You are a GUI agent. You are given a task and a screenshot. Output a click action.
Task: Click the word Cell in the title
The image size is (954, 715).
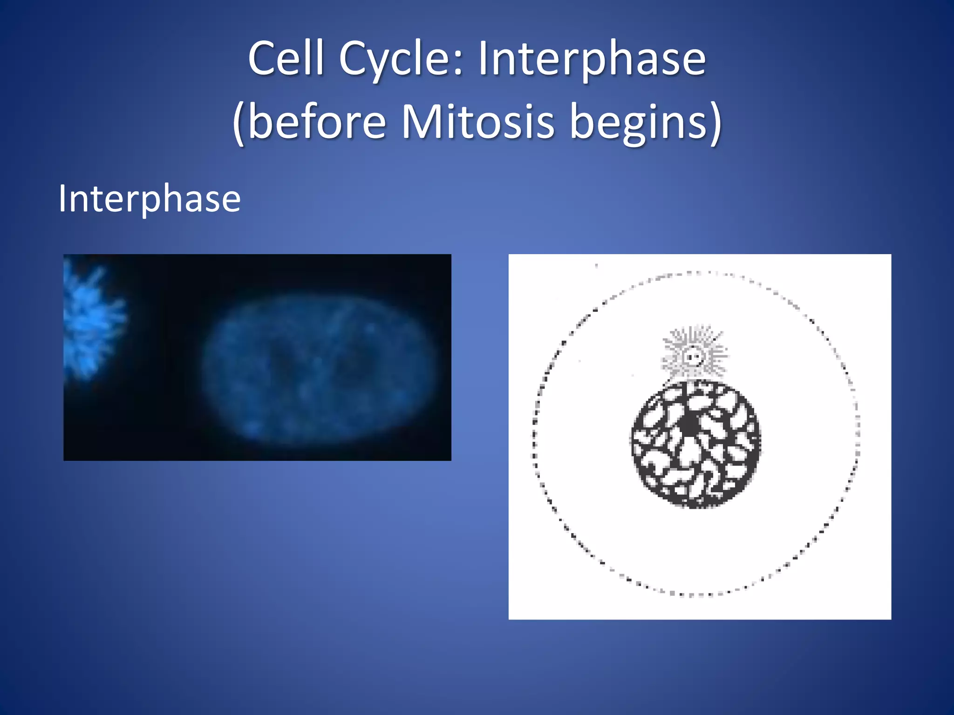pos(286,59)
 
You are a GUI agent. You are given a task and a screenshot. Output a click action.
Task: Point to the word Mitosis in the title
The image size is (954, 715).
pos(478,122)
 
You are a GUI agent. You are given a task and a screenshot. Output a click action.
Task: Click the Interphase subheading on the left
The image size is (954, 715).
pos(150,199)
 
